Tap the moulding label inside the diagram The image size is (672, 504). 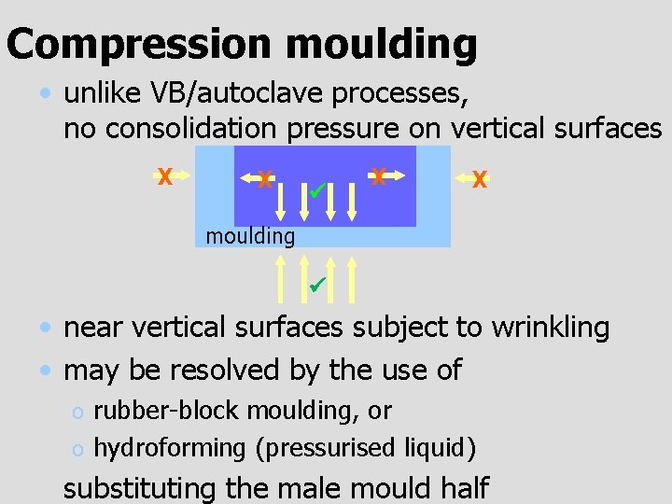click(x=250, y=236)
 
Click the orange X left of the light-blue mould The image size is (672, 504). click(x=164, y=176)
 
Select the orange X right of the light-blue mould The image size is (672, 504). click(x=480, y=179)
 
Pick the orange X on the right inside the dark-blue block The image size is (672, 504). click(x=378, y=175)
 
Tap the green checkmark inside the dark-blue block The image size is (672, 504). click(x=317, y=191)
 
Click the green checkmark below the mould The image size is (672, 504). click(x=317, y=282)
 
